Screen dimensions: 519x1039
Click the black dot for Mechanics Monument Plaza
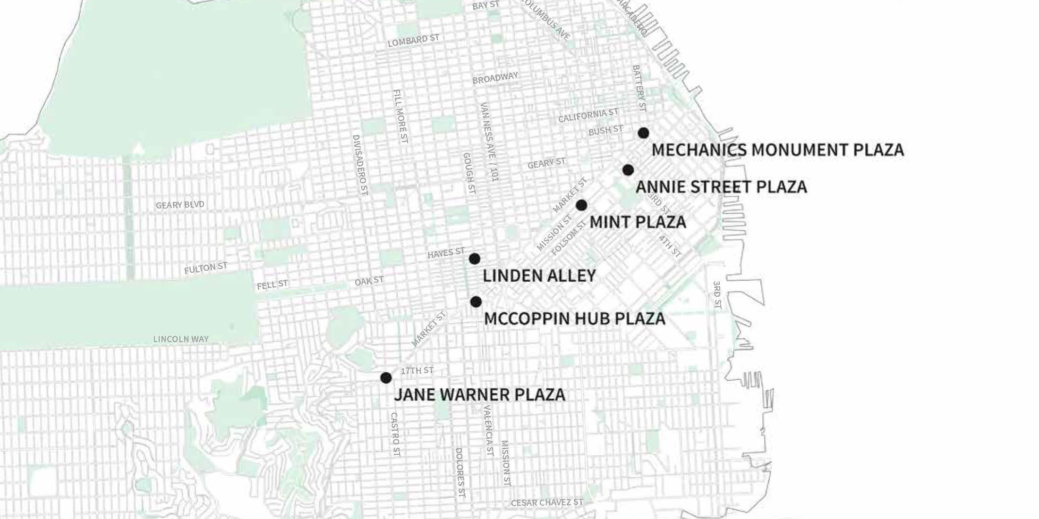(x=643, y=133)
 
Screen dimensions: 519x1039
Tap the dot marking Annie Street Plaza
(x=628, y=170)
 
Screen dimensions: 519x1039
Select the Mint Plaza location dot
(x=581, y=205)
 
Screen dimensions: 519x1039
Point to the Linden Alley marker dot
(x=475, y=259)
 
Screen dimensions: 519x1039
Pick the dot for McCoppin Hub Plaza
(x=476, y=301)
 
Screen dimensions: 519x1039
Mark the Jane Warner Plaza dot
(x=386, y=377)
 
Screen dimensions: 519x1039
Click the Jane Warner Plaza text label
(x=479, y=394)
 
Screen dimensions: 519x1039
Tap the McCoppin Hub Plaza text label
(x=575, y=318)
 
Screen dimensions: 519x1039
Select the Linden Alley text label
(x=539, y=276)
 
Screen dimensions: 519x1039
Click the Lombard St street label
(x=414, y=41)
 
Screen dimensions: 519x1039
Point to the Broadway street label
(x=495, y=78)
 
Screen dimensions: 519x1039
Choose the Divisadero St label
(x=360, y=165)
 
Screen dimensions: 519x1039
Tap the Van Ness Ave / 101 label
(x=489, y=142)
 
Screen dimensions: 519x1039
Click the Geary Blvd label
(x=180, y=205)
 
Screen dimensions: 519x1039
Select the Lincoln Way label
(x=181, y=339)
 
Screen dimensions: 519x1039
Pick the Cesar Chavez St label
(x=547, y=503)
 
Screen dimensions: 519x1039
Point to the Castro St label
(x=395, y=435)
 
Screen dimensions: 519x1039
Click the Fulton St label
(x=205, y=268)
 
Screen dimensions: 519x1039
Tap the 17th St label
(x=417, y=370)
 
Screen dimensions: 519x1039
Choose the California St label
(x=588, y=115)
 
